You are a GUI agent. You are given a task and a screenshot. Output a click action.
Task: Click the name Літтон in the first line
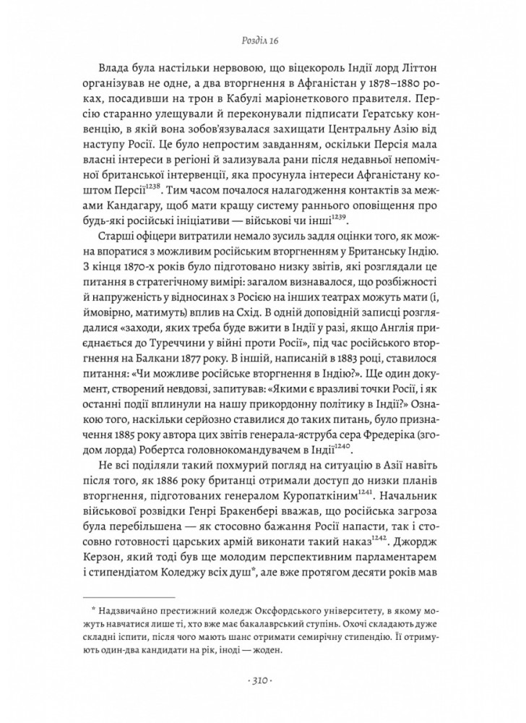(x=426, y=79)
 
